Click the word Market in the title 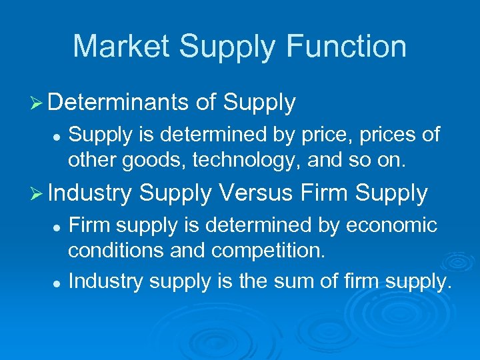coord(119,47)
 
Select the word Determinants coord(119,102)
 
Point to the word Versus coord(256,193)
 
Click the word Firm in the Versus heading coord(325,193)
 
